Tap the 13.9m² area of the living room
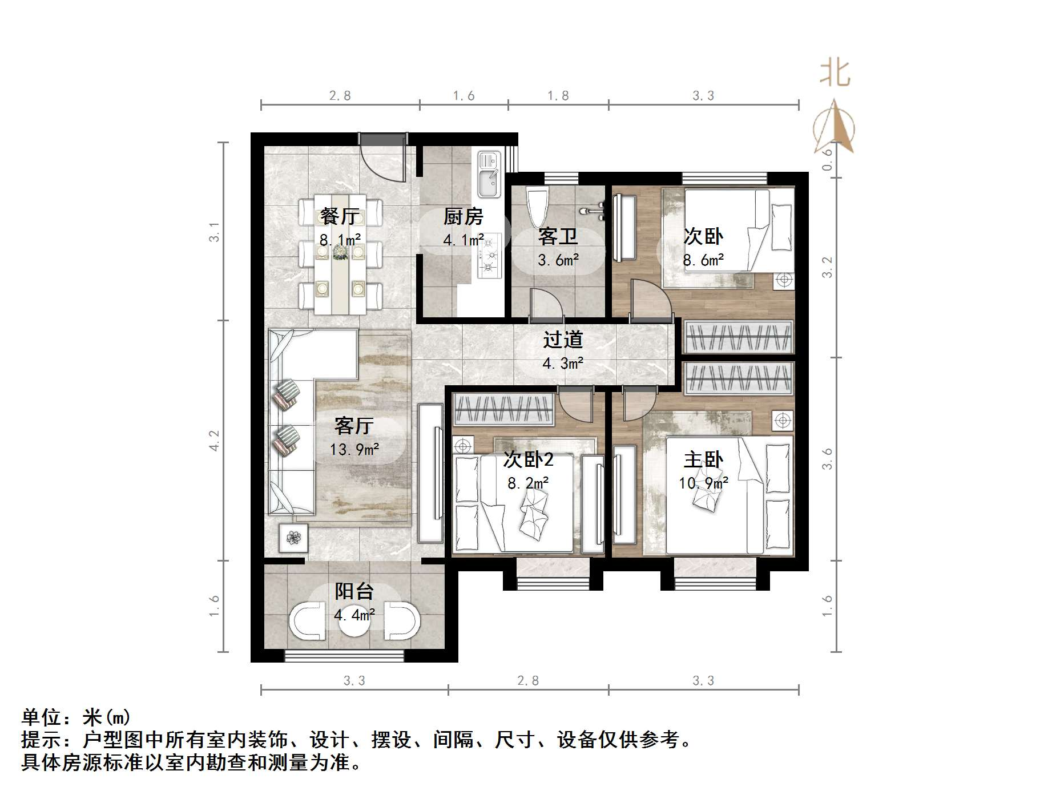[x=354, y=450]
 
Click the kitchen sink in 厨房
[x=489, y=174]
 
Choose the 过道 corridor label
[x=563, y=340]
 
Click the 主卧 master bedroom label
[x=703, y=460]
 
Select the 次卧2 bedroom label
[x=528, y=460]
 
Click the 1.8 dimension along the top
[x=558, y=96]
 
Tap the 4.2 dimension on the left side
[x=214, y=441]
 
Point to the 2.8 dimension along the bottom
[x=528, y=680]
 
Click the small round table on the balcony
[x=354, y=623]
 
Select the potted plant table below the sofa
[x=293, y=538]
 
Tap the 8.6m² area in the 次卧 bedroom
[x=703, y=260]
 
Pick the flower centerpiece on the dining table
[x=341, y=252]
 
